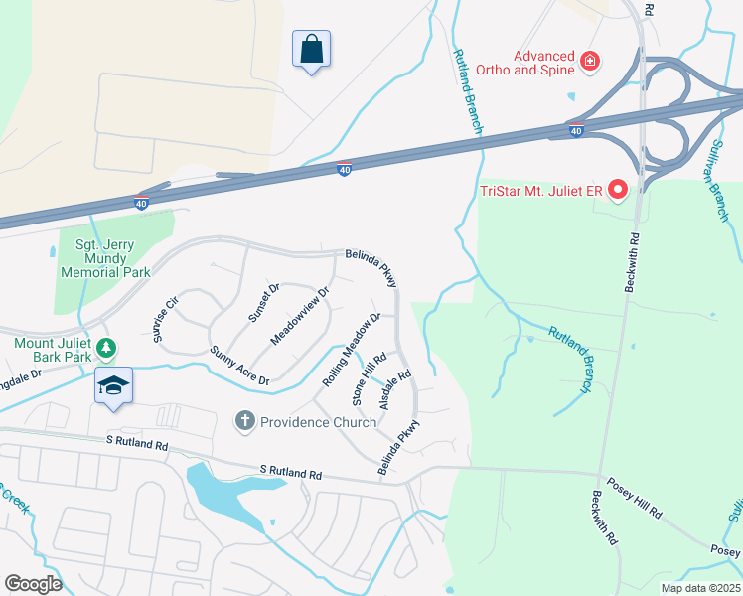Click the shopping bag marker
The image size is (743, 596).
click(311, 49)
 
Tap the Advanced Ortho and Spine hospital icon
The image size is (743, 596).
click(590, 62)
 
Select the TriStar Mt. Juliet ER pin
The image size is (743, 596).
click(617, 188)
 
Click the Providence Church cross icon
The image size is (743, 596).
click(244, 422)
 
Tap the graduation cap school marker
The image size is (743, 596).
click(113, 385)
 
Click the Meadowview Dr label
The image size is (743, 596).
click(299, 317)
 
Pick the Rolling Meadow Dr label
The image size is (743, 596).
click(352, 350)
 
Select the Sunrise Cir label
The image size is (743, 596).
click(165, 318)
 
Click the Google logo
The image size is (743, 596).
click(33, 584)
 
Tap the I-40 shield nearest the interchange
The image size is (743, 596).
click(576, 130)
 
